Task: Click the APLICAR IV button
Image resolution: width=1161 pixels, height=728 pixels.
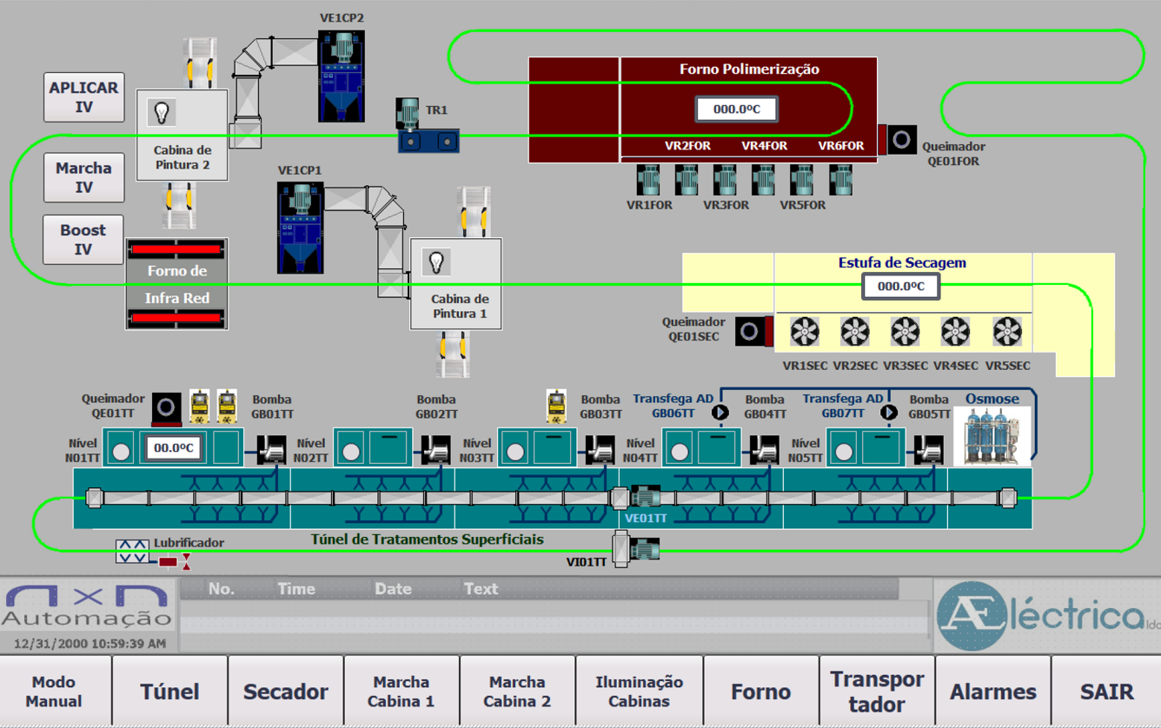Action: click(x=84, y=97)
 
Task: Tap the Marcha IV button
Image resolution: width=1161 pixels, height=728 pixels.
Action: click(x=84, y=177)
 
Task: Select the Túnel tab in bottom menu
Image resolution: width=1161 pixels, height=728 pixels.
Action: click(x=169, y=692)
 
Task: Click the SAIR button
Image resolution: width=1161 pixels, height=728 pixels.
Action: click(x=1106, y=692)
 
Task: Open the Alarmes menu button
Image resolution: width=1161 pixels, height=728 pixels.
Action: click(x=992, y=692)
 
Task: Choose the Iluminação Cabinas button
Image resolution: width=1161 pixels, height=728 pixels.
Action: click(x=639, y=692)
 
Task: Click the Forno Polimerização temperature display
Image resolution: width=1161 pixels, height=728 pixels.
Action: click(x=736, y=109)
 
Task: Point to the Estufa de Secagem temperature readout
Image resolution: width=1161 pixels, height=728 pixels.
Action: click(x=900, y=286)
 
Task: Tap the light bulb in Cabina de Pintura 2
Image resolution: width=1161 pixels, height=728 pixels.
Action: click(x=162, y=112)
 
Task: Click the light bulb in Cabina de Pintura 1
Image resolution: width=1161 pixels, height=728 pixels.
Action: click(x=436, y=261)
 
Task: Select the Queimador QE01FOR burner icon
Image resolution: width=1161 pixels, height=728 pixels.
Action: click(x=901, y=139)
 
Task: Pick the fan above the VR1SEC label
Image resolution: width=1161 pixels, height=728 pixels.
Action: click(x=805, y=332)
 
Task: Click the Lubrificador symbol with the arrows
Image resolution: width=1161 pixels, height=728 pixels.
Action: click(x=132, y=551)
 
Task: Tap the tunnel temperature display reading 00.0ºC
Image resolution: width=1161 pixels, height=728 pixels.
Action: click(x=174, y=448)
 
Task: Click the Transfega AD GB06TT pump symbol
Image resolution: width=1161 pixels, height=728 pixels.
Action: click(x=720, y=412)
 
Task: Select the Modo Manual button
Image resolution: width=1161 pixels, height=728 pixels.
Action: click(x=54, y=692)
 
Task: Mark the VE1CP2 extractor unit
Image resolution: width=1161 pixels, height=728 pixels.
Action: click(x=341, y=76)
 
